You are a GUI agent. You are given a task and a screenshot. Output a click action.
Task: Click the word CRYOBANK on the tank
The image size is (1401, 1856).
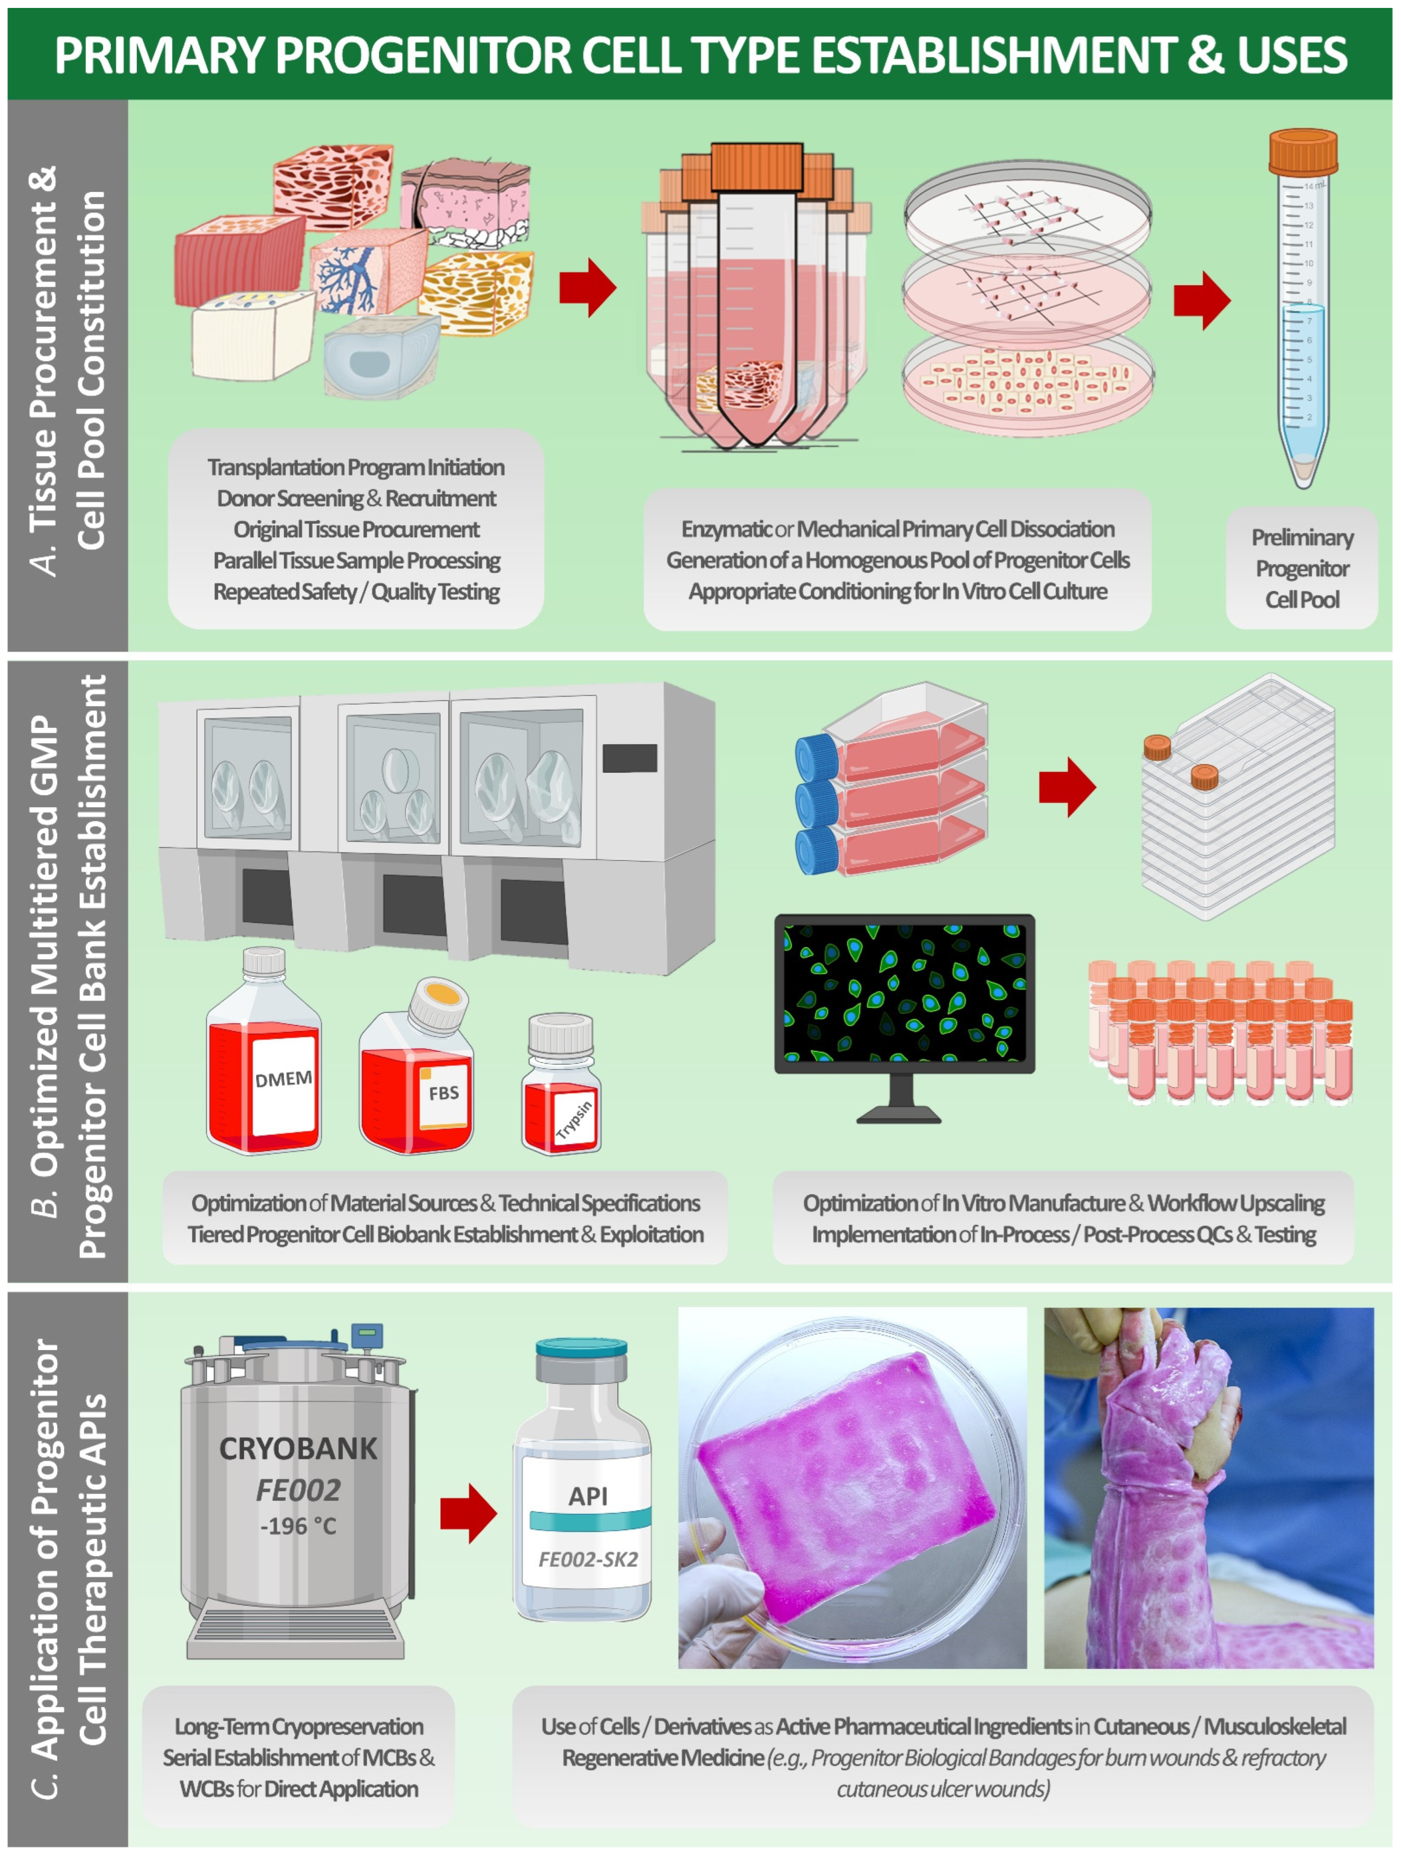tap(298, 1449)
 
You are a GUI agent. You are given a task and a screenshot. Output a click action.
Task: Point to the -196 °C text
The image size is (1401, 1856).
tap(298, 1525)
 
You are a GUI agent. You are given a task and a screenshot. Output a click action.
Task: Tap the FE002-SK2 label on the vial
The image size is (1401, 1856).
tap(588, 1559)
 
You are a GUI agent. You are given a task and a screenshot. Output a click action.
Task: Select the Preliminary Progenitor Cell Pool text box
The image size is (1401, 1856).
tap(1301, 568)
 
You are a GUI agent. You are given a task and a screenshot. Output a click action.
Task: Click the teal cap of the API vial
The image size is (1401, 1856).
tap(582, 1349)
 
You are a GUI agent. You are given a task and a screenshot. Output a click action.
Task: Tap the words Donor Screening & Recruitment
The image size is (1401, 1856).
tap(356, 499)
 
